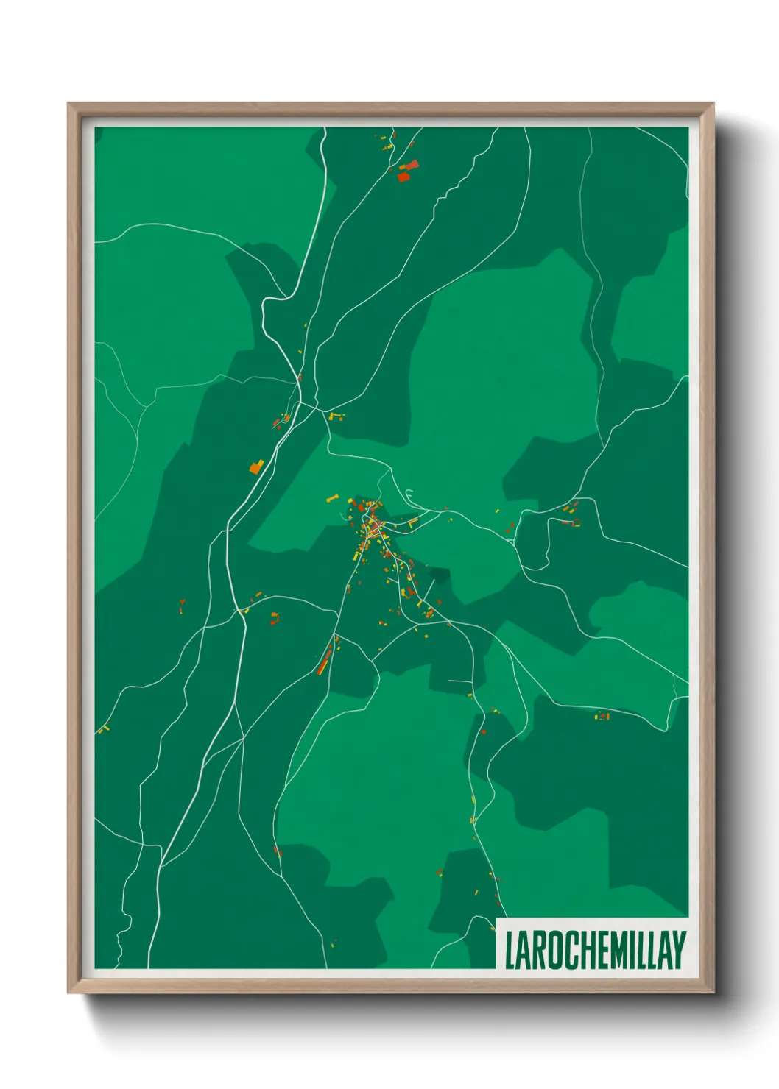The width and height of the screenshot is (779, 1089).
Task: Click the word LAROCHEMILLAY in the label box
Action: (595, 950)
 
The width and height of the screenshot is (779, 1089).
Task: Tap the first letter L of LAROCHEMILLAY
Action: (509, 950)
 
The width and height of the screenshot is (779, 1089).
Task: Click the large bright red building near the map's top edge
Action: (403, 176)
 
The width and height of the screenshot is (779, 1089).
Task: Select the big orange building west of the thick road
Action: (256, 467)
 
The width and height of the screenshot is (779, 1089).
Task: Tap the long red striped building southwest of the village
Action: (324, 661)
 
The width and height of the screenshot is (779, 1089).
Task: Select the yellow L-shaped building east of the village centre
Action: (413, 522)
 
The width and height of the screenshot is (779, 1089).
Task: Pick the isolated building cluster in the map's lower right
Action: (603, 716)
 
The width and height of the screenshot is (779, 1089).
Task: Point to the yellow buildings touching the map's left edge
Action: (102, 729)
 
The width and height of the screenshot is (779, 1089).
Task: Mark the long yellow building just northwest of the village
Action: (333, 499)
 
